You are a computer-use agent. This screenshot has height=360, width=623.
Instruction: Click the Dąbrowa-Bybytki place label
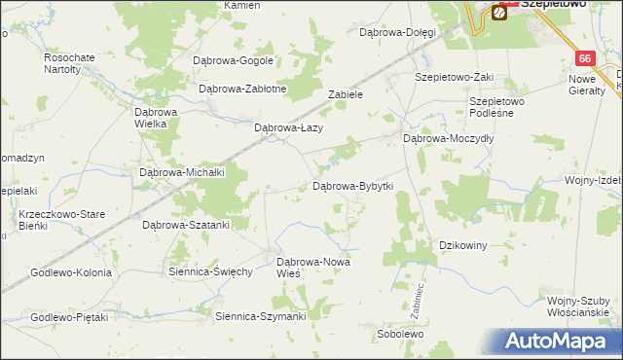pyautogui.click(x=352, y=185)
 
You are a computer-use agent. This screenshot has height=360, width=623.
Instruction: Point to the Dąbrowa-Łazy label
pyautogui.click(x=288, y=127)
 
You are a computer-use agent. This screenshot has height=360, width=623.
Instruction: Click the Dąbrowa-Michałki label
pyautogui.click(x=183, y=172)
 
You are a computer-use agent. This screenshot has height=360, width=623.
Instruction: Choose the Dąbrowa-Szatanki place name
pyautogui.click(x=186, y=225)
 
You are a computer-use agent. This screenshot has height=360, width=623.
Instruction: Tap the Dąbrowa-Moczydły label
pyautogui.click(x=450, y=139)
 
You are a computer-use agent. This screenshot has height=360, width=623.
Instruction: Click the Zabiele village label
pyautogui.click(x=346, y=95)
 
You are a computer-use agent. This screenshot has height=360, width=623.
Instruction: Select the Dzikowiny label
pyautogui.click(x=463, y=245)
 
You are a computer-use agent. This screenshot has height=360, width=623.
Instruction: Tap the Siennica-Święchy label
pyautogui.click(x=211, y=271)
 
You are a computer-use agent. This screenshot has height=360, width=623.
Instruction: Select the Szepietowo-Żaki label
pyautogui.click(x=454, y=76)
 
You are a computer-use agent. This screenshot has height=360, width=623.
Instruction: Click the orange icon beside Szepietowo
pyautogui.click(x=499, y=13)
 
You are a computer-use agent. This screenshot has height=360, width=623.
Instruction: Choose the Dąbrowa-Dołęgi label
pyautogui.click(x=396, y=32)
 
